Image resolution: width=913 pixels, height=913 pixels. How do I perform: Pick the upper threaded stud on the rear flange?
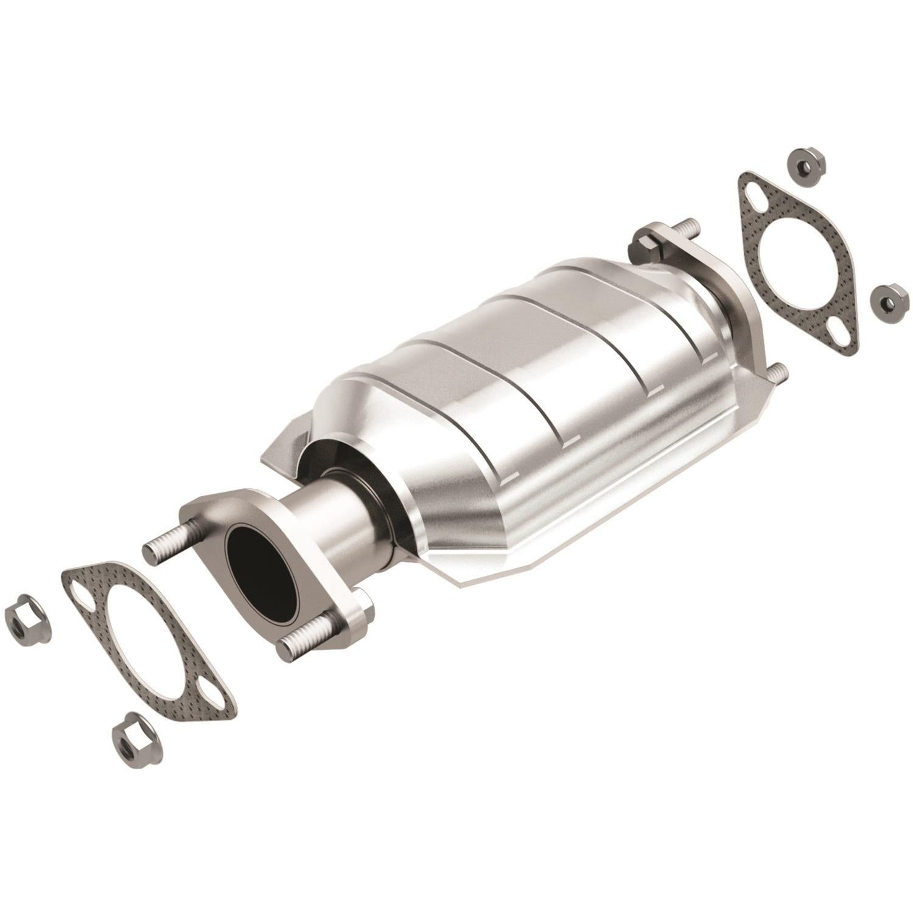pos(687,229)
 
